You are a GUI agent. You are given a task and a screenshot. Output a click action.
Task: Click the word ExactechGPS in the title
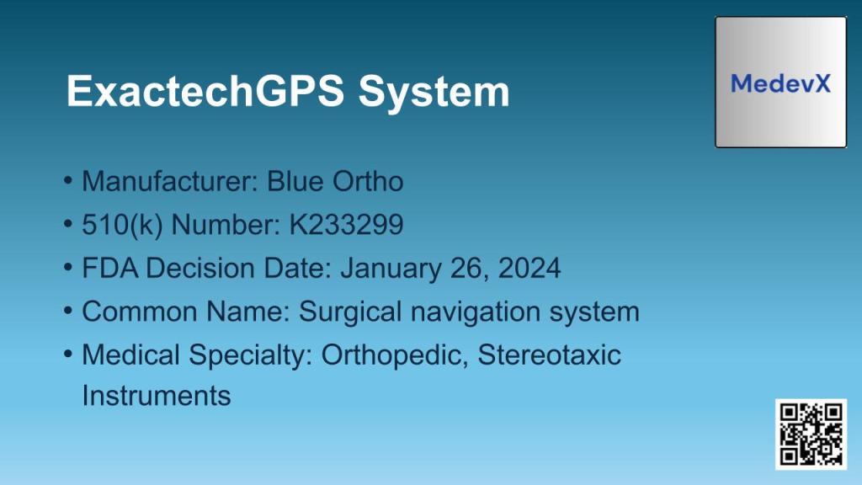[205, 91]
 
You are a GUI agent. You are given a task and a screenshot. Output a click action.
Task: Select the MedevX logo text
[780, 83]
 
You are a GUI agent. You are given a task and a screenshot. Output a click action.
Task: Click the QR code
[811, 434]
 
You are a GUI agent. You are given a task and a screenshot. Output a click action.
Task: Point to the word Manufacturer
[170, 181]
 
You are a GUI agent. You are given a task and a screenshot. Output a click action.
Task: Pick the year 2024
[529, 269]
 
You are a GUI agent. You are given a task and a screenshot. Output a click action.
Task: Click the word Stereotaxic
[550, 355]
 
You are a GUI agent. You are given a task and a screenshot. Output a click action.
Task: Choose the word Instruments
[157, 395]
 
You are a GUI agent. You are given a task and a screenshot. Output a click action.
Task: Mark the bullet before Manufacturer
[68, 181]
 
